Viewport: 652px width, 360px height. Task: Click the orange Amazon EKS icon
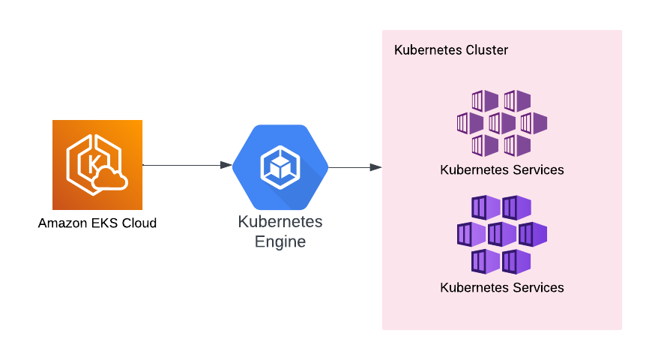[x=97, y=165]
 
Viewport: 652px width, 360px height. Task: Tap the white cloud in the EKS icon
[x=110, y=178]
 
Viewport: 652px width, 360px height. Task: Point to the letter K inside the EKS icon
[x=93, y=163]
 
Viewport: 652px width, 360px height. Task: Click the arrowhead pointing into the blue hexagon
[x=226, y=165]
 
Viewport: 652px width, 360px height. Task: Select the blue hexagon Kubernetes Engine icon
[x=280, y=167]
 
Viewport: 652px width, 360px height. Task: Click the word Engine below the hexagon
[x=280, y=242]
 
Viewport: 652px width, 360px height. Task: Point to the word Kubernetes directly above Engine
[x=280, y=222]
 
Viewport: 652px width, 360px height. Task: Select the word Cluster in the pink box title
[x=486, y=50]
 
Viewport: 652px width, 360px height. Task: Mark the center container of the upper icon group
[x=501, y=123]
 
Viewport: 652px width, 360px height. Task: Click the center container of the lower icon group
[x=501, y=234]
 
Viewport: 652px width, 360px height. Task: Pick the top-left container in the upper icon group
[x=485, y=100]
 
